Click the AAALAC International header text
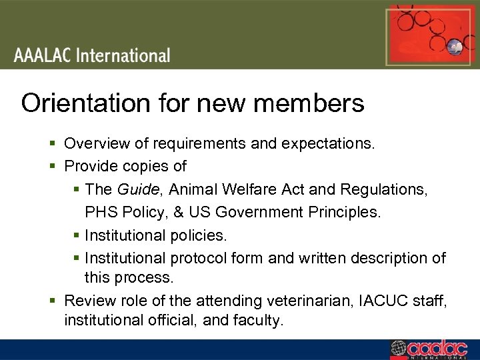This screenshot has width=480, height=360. tap(92, 55)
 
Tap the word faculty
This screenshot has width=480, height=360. tap(258, 320)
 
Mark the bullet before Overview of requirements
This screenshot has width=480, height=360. tap(55, 143)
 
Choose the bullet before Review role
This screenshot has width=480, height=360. tap(55, 301)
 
